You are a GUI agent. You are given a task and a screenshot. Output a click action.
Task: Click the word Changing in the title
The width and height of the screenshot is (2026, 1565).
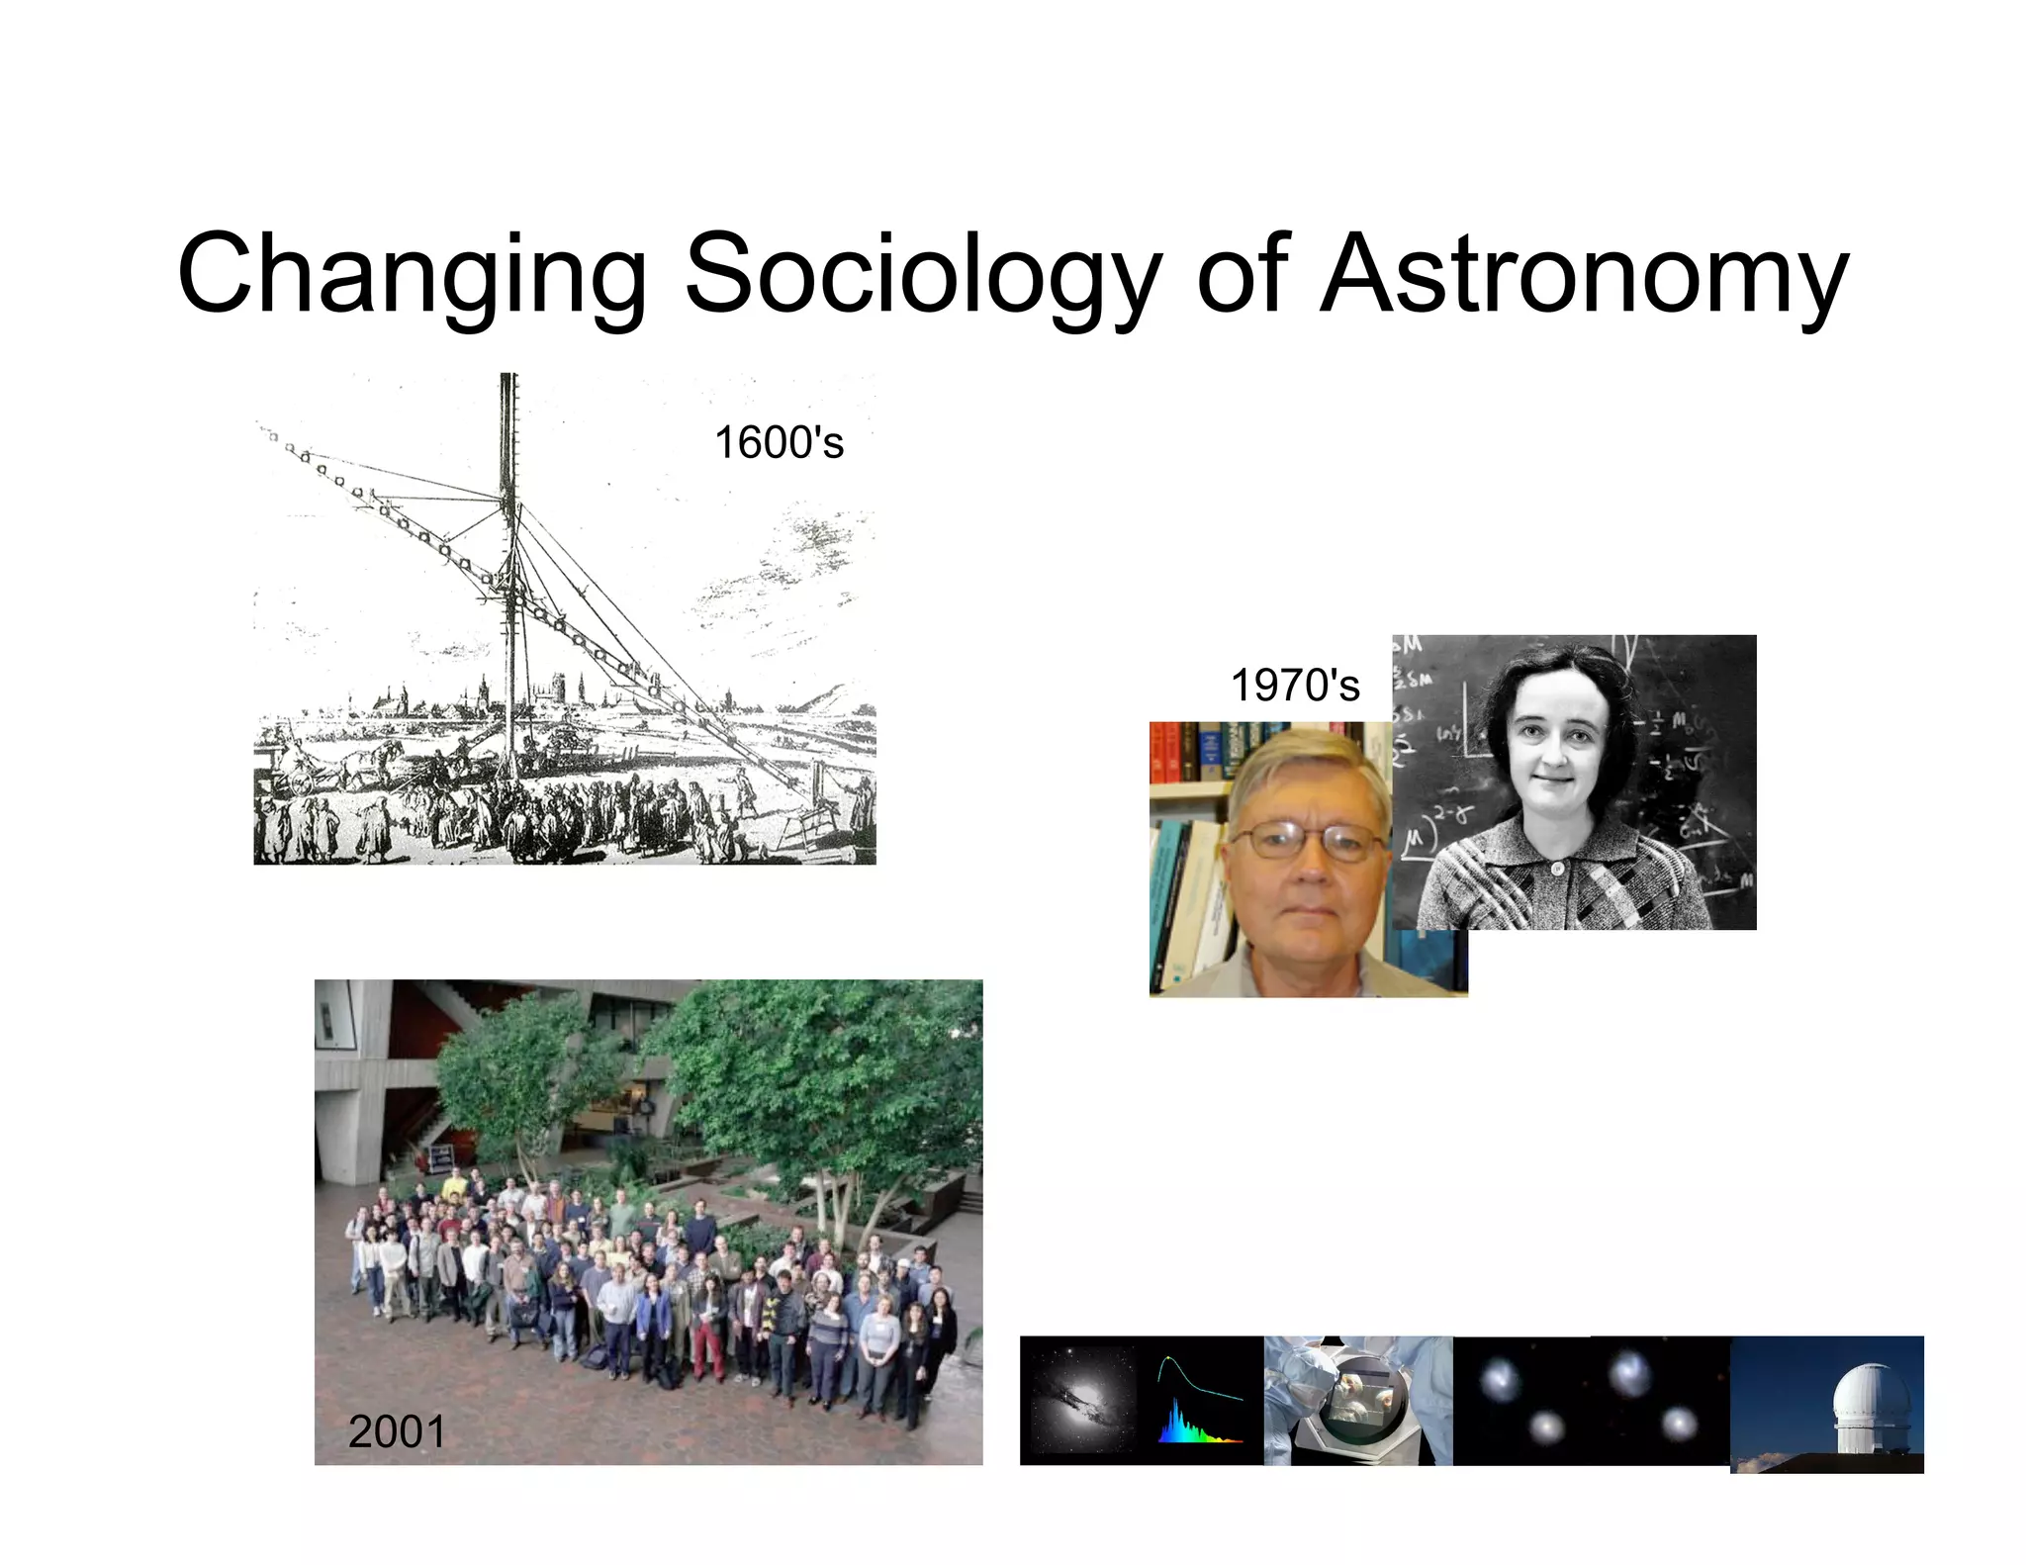tap(412, 273)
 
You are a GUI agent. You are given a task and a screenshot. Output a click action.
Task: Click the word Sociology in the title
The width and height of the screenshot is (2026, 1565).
tap(922, 273)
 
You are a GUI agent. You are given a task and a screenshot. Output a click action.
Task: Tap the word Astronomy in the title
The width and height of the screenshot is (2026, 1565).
tap(1585, 273)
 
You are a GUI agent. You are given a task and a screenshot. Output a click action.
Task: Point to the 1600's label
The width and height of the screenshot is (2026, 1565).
tap(779, 442)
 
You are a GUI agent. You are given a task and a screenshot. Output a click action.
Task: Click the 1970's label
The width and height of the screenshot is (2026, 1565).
tap(1295, 685)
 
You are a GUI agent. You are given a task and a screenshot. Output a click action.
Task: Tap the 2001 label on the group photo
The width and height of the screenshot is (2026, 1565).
tap(397, 1431)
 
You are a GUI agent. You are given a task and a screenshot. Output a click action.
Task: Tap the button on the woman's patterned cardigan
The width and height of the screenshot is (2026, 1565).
tap(1556, 868)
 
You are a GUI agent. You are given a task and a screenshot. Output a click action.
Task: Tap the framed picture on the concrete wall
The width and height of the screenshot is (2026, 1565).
tap(336, 1015)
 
